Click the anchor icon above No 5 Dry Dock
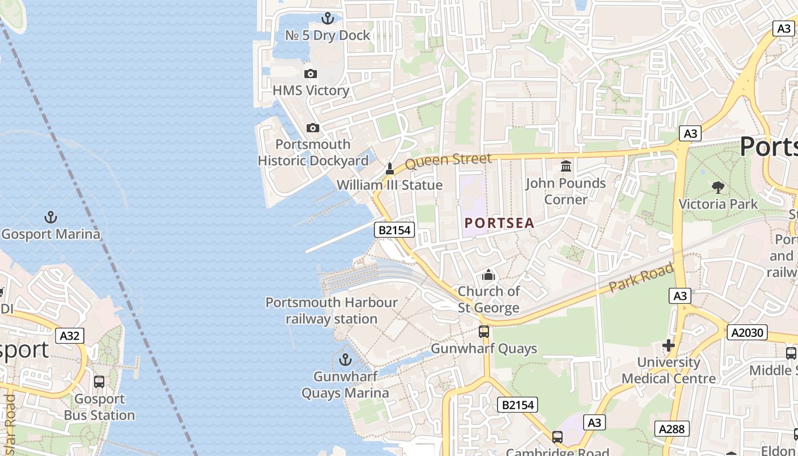[327, 18]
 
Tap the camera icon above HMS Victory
[311, 74]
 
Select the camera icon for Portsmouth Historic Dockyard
[313, 128]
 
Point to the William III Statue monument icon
[390, 169]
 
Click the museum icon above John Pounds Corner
[566, 166]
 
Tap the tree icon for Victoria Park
[718, 187]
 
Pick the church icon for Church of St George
[488, 275]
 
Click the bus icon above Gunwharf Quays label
[484, 331]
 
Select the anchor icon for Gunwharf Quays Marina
[345, 360]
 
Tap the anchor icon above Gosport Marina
[51, 217]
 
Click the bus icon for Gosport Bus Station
[99, 382]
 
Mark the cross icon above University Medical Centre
[669, 345]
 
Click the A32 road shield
[70, 336]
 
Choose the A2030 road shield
[747, 332]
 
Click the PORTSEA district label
[499, 223]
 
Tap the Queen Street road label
[448, 161]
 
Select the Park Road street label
[641, 278]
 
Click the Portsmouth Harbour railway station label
[331, 311]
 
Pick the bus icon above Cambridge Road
[557, 437]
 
